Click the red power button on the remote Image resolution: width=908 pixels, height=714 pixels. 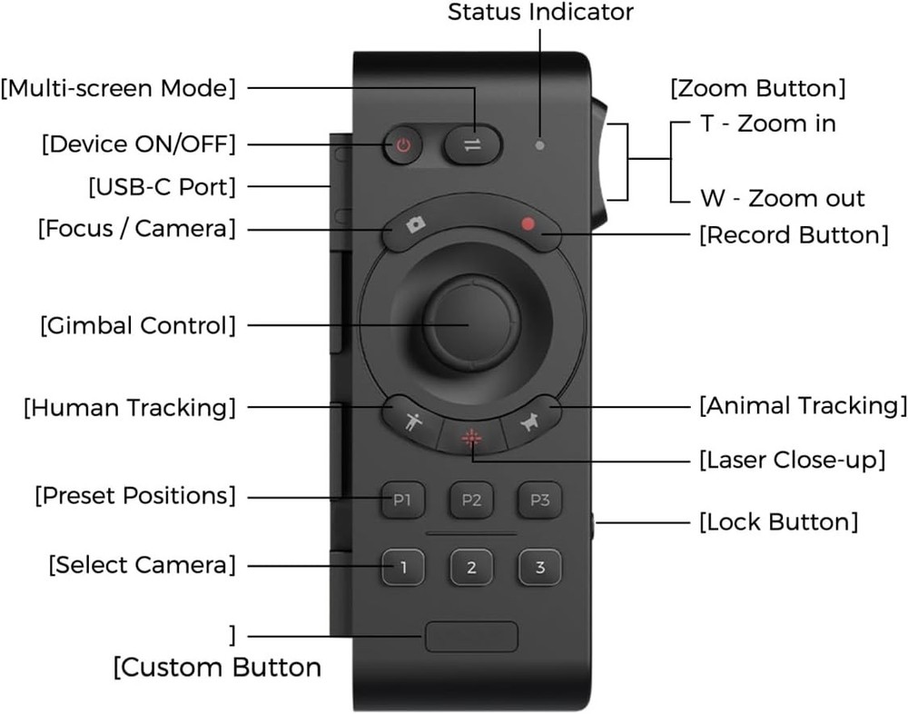click(403, 145)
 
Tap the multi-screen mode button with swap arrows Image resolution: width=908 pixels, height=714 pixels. click(472, 145)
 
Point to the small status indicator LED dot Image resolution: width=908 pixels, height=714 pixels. click(541, 145)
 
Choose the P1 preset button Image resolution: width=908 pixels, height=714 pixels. click(402, 500)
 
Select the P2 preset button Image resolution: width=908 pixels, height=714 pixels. click(471, 500)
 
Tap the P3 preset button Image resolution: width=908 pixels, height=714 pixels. click(539, 500)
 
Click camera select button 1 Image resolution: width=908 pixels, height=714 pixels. click(402, 568)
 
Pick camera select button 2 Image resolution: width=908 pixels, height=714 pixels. click(471, 568)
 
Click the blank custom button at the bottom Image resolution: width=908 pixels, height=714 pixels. click(471, 637)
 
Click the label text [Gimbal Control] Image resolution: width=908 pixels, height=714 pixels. click(137, 324)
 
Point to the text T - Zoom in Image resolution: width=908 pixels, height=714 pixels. click(767, 124)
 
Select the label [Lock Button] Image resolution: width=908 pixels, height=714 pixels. click(778, 522)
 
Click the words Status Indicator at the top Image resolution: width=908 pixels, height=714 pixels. click(541, 12)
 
